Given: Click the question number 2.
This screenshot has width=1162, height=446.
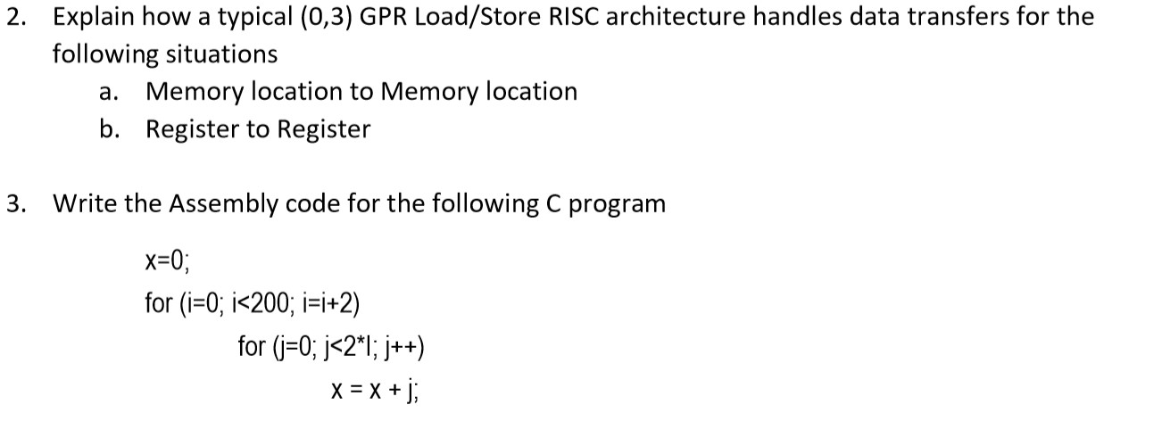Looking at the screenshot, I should [14, 17].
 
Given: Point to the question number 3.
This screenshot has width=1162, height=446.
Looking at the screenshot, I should [14, 204].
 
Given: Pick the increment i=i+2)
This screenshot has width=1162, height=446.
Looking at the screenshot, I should [330, 302].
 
